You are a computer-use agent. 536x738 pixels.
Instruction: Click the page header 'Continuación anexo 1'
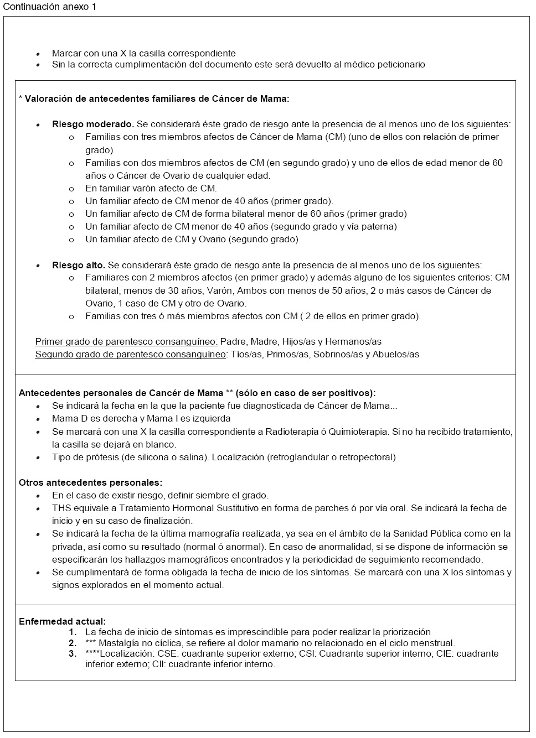pyautogui.click(x=50, y=7)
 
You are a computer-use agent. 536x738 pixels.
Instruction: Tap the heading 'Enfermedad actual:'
pyautogui.click(x=62, y=622)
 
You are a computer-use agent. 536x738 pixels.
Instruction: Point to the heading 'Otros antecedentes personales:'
pyautogui.click(x=90, y=483)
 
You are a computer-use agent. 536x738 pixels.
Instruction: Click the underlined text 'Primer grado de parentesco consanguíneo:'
pyautogui.click(x=126, y=342)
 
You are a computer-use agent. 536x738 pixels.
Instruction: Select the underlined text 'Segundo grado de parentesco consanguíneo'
pyautogui.click(x=130, y=355)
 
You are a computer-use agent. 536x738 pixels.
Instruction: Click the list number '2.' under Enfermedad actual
pyautogui.click(x=73, y=643)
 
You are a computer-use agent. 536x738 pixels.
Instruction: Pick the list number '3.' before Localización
pyautogui.click(x=73, y=654)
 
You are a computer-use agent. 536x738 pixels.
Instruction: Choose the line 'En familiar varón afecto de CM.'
pyautogui.click(x=151, y=189)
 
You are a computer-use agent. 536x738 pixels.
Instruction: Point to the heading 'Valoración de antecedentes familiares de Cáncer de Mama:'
pyautogui.click(x=157, y=99)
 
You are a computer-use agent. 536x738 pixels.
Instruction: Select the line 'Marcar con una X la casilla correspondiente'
pyautogui.click(x=143, y=54)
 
